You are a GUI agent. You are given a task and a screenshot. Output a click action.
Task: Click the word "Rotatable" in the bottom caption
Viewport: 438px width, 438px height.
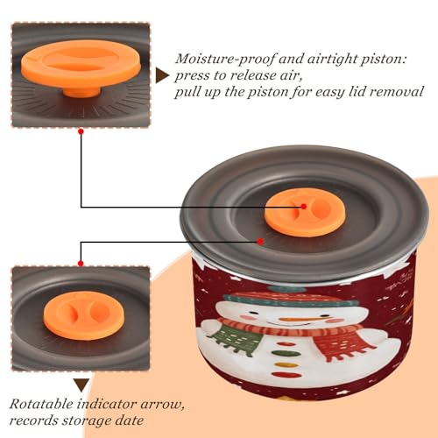click(41, 405)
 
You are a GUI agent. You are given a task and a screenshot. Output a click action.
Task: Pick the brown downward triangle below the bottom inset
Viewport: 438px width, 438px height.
click(81, 385)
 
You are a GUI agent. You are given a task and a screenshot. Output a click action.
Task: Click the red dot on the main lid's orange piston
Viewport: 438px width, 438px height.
click(304, 207)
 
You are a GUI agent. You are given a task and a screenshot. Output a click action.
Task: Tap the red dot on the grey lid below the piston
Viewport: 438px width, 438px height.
click(260, 242)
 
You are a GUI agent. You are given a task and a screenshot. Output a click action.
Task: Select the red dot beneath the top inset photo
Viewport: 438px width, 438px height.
click(81, 132)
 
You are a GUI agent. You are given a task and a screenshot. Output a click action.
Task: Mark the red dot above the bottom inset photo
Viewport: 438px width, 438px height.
click(81, 264)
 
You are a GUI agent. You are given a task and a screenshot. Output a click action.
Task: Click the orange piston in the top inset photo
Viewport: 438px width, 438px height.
click(81, 67)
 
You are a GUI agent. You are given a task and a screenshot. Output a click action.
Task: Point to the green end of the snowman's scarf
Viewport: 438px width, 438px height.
click(236, 341)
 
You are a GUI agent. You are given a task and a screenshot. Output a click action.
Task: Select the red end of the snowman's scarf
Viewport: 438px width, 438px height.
click(343, 341)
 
